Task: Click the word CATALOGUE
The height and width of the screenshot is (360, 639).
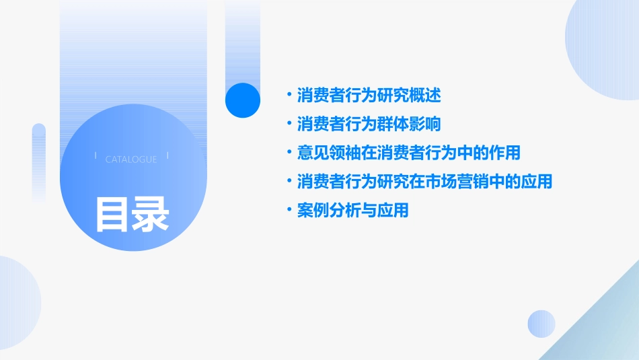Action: pyautogui.click(x=131, y=159)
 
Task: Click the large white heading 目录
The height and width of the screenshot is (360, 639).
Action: pyautogui.click(x=132, y=214)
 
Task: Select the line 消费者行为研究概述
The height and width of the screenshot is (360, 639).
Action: pyautogui.click(x=369, y=96)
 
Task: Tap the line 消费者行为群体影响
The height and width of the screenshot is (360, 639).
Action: pyautogui.click(x=369, y=124)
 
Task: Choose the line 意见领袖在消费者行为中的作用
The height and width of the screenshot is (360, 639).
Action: pyautogui.click(x=408, y=153)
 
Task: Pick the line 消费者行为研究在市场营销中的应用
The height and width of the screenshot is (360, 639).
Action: pyautogui.click(x=424, y=182)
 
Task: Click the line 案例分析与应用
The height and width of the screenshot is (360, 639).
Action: pyautogui.click(x=352, y=211)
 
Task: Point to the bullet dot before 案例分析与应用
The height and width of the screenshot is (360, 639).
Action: pyautogui.click(x=289, y=211)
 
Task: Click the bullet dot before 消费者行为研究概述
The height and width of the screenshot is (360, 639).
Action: pyautogui.click(x=289, y=96)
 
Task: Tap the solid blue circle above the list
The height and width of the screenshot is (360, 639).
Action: pyautogui.click(x=242, y=100)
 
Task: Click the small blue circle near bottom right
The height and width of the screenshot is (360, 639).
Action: pyautogui.click(x=541, y=324)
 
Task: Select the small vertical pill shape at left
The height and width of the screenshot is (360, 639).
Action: pyautogui.click(x=39, y=161)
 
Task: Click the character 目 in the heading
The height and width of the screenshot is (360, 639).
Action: pyautogui.click(x=112, y=214)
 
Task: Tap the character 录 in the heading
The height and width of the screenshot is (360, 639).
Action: pyautogui.click(x=151, y=214)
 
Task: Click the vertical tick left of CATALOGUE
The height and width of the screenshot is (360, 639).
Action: pyautogui.click(x=96, y=155)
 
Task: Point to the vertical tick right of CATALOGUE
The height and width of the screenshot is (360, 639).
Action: pyautogui.click(x=167, y=155)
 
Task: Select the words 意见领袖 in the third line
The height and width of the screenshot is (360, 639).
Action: pyautogui.click(x=321, y=153)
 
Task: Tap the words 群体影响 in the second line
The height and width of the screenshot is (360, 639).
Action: pyautogui.click(x=416, y=124)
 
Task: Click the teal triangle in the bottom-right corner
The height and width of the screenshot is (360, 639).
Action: pyautogui.click(x=605, y=330)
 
